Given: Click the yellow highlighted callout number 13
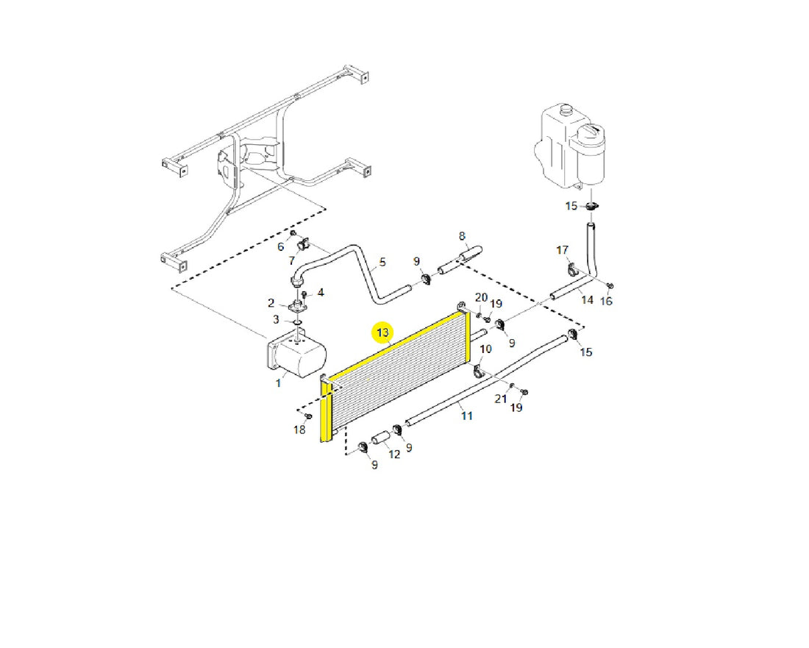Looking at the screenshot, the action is [383, 332].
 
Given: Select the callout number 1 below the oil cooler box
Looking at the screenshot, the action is [279, 383].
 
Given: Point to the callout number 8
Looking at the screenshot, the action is [462, 236].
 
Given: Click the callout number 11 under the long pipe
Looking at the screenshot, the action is [467, 416].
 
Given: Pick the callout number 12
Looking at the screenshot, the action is [394, 455].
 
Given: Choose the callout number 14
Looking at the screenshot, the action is [587, 300].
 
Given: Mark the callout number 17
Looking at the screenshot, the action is [563, 250].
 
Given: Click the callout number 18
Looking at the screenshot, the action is [300, 430].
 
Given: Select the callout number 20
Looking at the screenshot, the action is [482, 297].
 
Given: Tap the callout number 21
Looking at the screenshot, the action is [501, 399].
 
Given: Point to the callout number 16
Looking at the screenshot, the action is [606, 302].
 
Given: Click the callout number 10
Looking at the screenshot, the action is [485, 349].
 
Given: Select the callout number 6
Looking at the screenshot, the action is [281, 246].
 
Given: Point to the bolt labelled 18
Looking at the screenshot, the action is [309, 416].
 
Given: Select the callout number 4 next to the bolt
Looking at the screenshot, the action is [321, 293].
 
